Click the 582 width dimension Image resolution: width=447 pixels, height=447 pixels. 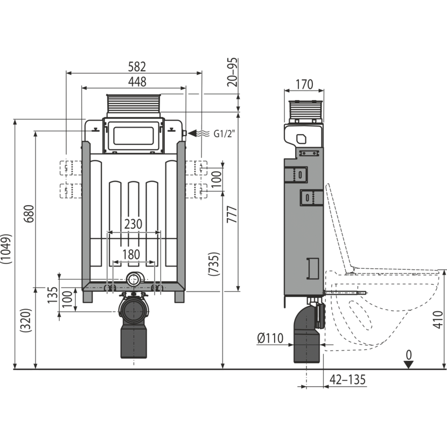[137, 67]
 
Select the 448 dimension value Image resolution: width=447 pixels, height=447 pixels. [137, 82]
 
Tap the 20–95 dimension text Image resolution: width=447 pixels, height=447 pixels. [233, 72]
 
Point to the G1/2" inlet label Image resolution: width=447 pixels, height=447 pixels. [225, 134]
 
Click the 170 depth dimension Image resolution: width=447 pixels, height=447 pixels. [304, 85]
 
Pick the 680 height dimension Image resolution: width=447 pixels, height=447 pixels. [30, 214]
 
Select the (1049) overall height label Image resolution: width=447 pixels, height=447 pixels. [6, 249]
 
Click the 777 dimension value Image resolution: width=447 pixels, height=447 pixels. [232, 214]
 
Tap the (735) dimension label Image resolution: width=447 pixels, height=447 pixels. [214, 264]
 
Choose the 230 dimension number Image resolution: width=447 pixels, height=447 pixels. [133, 224]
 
